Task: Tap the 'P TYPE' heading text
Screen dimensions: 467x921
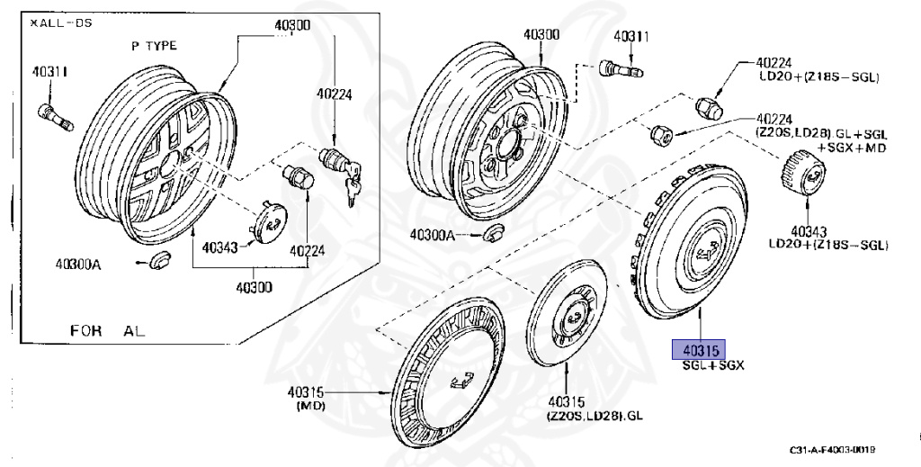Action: click(x=154, y=46)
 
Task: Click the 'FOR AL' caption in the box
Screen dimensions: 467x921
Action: click(x=108, y=330)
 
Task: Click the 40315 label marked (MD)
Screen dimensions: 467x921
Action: click(x=308, y=393)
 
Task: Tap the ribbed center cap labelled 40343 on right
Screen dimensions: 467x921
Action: click(x=799, y=174)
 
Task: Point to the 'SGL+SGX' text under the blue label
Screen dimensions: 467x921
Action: click(x=714, y=365)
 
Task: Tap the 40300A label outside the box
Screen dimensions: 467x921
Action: click(x=433, y=234)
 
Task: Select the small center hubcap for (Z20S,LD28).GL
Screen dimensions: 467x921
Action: click(x=568, y=312)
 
